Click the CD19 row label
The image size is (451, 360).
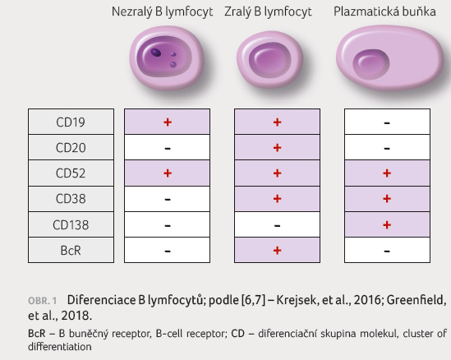click(x=71, y=122)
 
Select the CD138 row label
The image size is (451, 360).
click(x=71, y=224)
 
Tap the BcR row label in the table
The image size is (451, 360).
click(x=71, y=251)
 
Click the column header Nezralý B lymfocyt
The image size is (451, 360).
click(x=162, y=12)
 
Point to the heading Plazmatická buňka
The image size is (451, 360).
click(x=384, y=12)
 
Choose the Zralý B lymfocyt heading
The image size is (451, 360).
click(x=268, y=12)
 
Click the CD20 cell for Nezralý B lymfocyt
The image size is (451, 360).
click(x=167, y=147)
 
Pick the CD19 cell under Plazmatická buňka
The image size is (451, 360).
click(x=387, y=122)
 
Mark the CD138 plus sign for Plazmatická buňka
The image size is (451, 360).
click(x=387, y=224)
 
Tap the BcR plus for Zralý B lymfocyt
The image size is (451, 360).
click(x=278, y=251)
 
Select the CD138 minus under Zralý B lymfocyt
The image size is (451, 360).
click(x=278, y=225)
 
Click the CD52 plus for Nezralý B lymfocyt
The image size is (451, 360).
click(x=168, y=173)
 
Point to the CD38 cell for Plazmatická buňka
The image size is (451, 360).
click(x=387, y=199)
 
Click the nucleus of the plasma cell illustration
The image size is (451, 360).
click(x=371, y=64)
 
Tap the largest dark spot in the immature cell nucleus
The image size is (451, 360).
click(x=156, y=53)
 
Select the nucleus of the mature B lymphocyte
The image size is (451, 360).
click(x=269, y=60)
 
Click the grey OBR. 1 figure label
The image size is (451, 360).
click(x=42, y=301)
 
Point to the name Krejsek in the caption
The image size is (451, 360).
click(x=297, y=300)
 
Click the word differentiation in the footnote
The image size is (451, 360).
click(x=60, y=347)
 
